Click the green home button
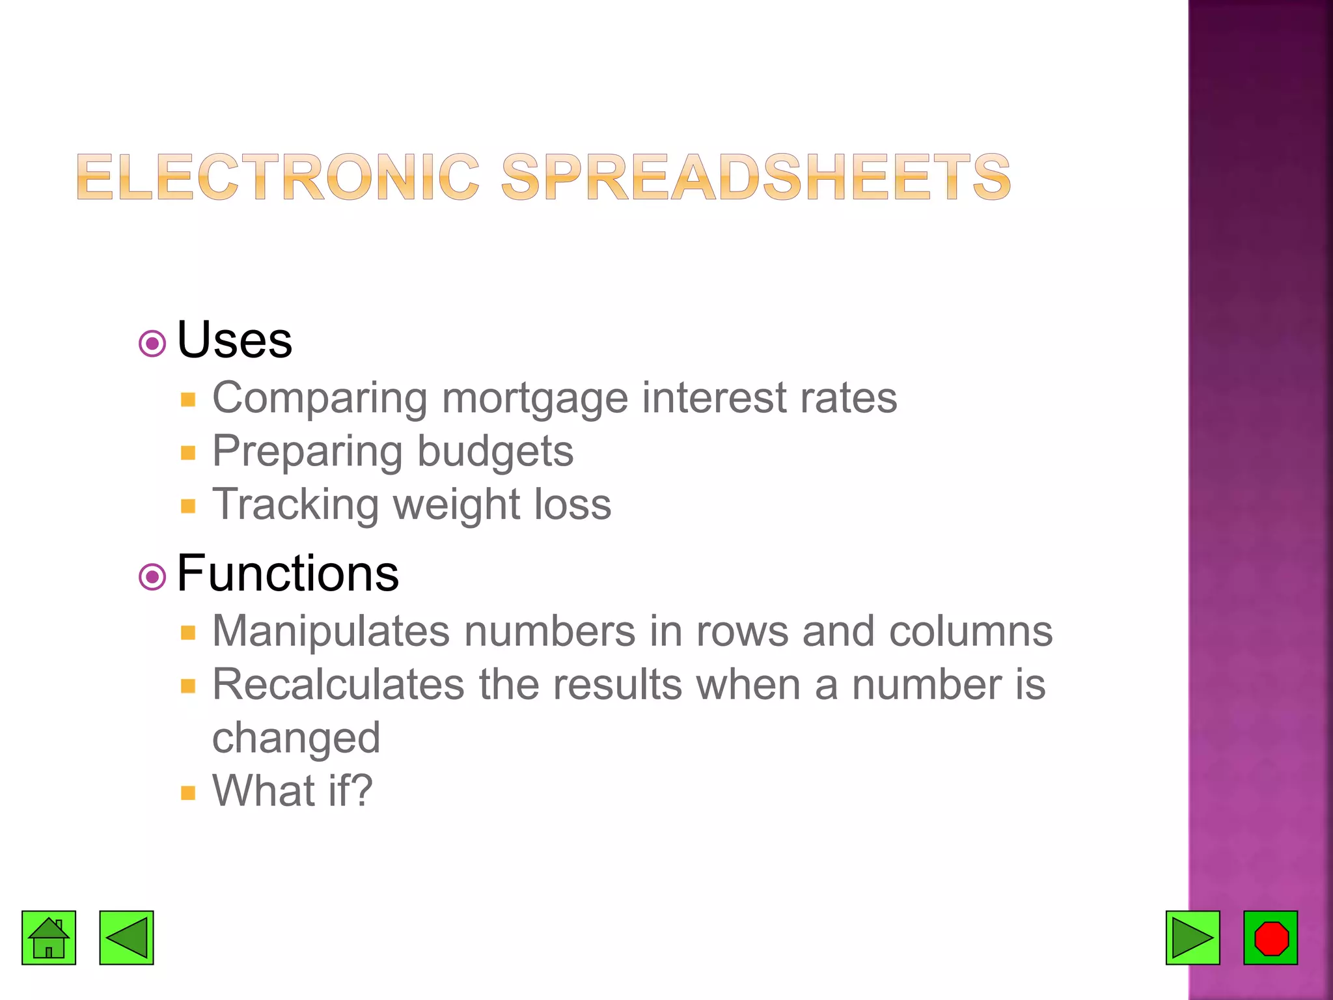(49, 937)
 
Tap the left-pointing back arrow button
(126, 937)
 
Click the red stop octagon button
(1271, 937)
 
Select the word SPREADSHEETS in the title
(756, 177)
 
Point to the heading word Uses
(234, 340)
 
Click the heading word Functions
(288, 574)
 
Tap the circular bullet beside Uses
(152, 343)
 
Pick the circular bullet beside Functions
(152, 577)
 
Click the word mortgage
(534, 398)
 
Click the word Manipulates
(331, 632)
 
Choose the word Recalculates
(338, 685)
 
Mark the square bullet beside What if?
(188, 793)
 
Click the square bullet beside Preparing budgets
(188, 453)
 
